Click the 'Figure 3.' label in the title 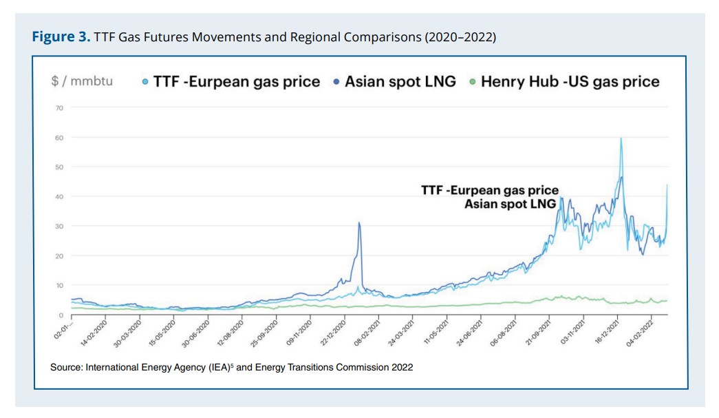(x=57, y=36)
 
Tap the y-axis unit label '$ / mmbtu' (x=82, y=81)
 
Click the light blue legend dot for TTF (x=147, y=82)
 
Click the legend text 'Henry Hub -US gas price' (x=570, y=82)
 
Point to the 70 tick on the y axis (x=58, y=108)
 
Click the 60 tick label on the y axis (x=58, y=138)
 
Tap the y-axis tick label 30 (x=58, y=227)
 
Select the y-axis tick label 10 (x=58, y=285)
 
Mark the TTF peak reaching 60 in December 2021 (x=621, y=138)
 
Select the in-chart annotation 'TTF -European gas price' (x=489, y=191)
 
